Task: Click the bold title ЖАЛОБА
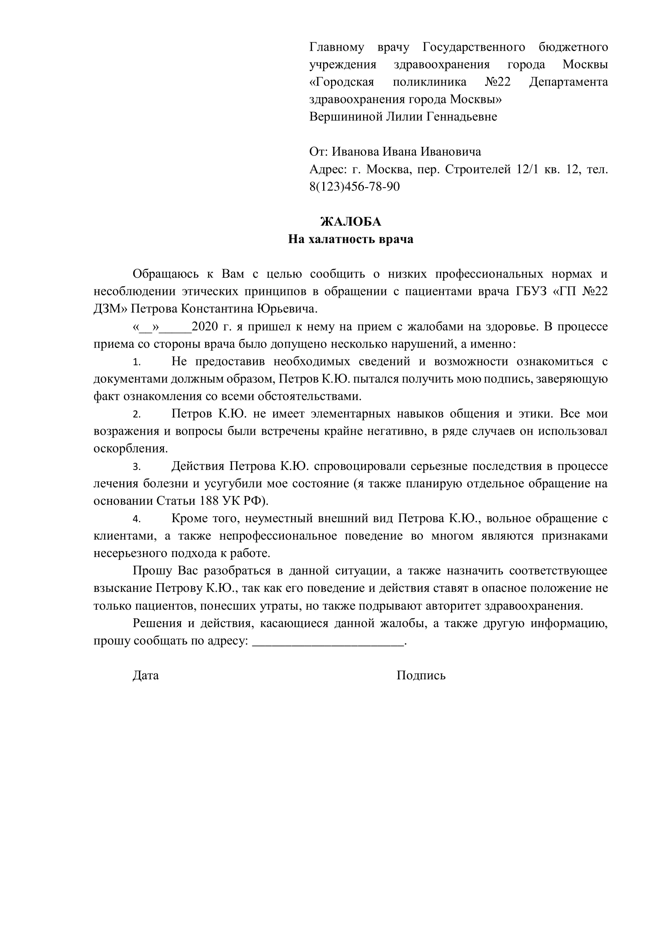tap(350, 222)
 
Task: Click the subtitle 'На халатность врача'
tap(350, 240)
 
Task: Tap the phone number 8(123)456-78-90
tap(354, 187)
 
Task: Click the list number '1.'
tap(137, 363)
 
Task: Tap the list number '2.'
tap(137, 415)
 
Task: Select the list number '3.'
tap(137, 467)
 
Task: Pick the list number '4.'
tap(137, 519)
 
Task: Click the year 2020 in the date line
tap(205, 327)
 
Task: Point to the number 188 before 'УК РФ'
tap(210, 501)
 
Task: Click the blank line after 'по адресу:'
tap(327, 641)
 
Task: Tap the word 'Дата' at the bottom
tap(146, 675)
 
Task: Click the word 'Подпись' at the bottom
tap(421, 675)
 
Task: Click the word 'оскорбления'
tap(130, 449)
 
